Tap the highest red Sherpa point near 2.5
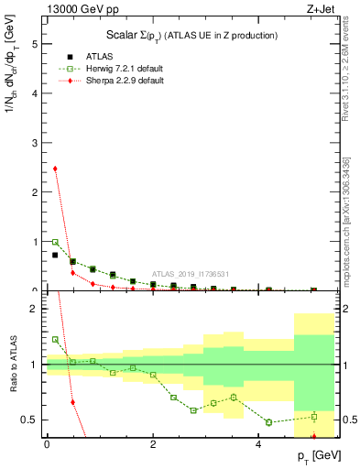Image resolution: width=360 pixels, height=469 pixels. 55,169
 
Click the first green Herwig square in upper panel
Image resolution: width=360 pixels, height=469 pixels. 55,243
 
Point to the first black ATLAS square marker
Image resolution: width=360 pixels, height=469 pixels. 55,256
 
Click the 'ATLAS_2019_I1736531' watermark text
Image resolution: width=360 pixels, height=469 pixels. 191,274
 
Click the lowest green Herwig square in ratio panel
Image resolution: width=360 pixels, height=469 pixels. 269,422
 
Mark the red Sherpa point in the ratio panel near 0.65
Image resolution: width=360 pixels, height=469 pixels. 72,402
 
